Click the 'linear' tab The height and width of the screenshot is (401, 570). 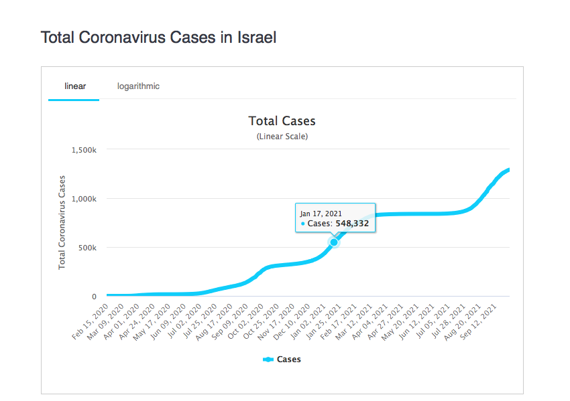click(x=74, y=86)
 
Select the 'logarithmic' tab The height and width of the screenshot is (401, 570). click(x=138, y=86)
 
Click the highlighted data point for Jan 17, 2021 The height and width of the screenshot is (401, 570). click(x=334, y=242)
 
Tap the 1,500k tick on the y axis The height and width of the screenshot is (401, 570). click(x=84, y=150)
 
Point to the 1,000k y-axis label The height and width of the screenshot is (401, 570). click(x=84, y=199)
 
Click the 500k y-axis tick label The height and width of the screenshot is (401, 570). click(x=88, y=248)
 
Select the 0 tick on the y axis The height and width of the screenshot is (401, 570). click(x=94, y=297)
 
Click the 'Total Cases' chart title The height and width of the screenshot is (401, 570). click(x=282, y=121)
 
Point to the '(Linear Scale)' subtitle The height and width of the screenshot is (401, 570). click(x=282, y=136)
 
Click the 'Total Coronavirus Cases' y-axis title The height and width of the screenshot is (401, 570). click(x=62, y=222)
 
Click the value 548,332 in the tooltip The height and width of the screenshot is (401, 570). click(x=352, y=224)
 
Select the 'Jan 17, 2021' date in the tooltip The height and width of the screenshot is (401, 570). click(x=321, y=213)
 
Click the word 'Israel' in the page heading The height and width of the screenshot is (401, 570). click(x=257, y=37)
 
